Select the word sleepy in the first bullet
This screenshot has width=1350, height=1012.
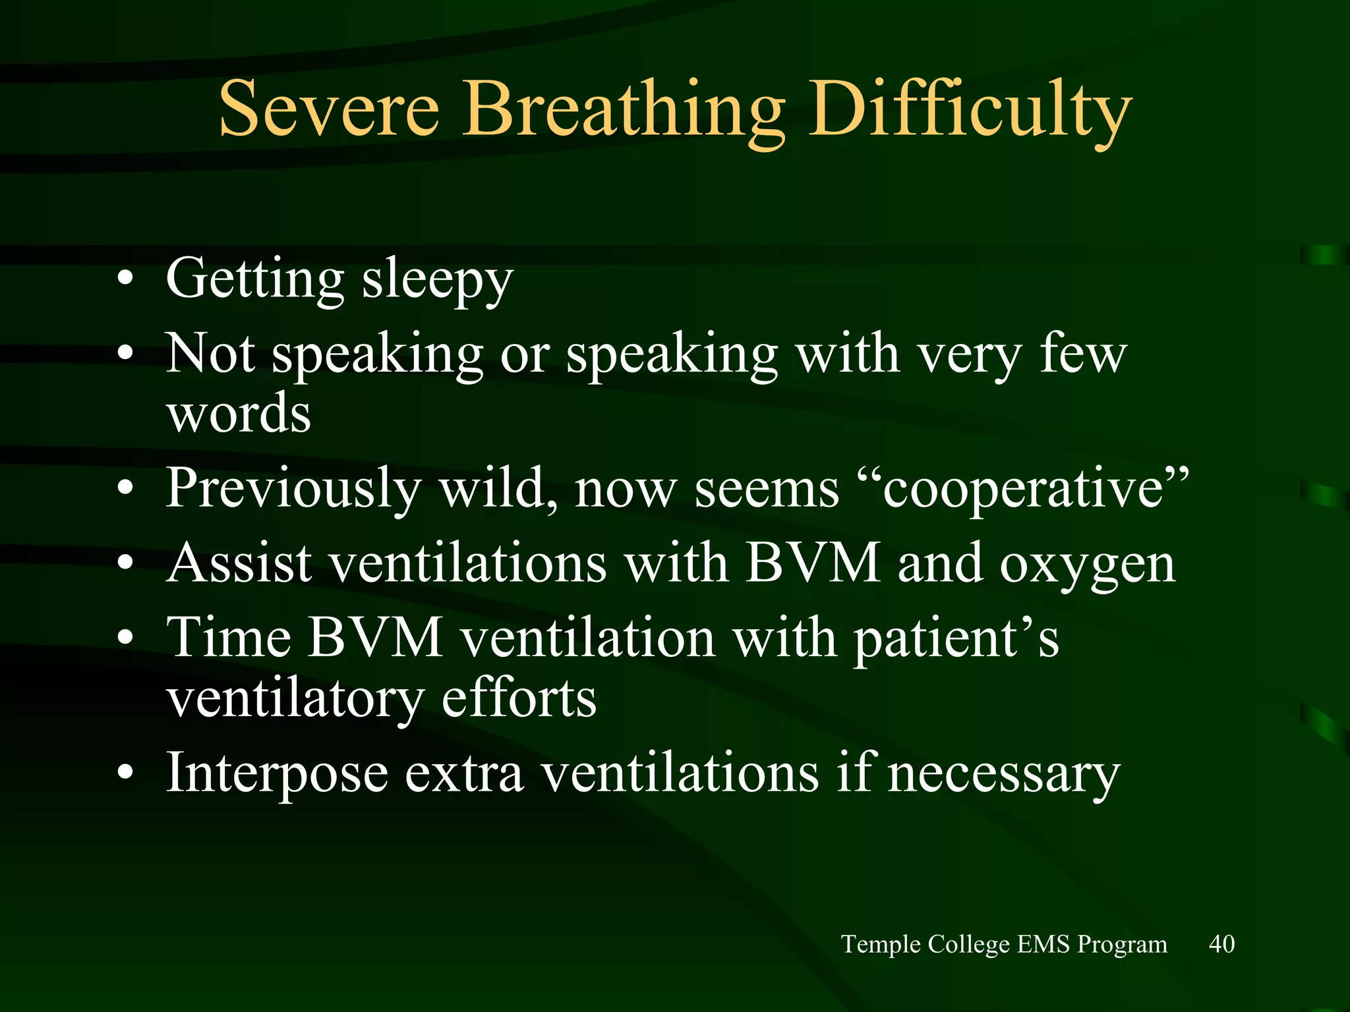(x=437, y=280)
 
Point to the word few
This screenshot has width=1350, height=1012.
(x=1083, y=354)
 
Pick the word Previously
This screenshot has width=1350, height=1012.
(x=293, y=489)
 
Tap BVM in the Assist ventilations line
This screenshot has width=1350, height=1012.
(x=813, y=564)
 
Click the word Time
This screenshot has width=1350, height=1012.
(x=229, y=638)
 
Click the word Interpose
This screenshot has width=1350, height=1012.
(x=277, y=774)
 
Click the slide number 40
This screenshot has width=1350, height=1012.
(x=1221, y=944)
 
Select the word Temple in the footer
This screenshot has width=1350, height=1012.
(x=881, y=945)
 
